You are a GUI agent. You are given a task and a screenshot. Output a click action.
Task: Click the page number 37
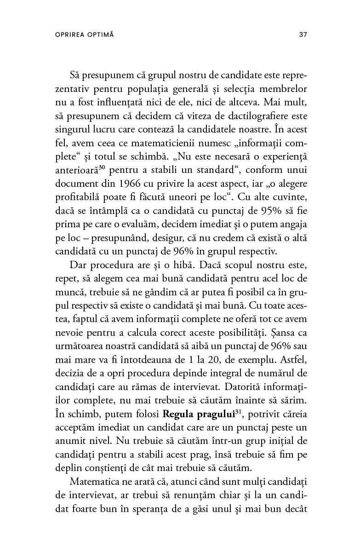[303, 34]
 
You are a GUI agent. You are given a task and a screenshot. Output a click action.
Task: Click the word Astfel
[294, 356]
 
